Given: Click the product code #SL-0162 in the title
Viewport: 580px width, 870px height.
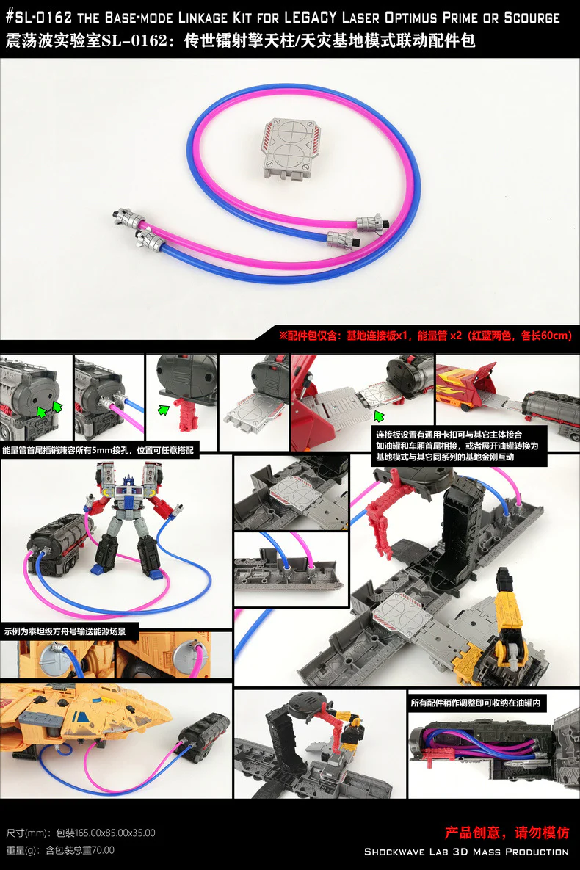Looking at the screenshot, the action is click(39, 18).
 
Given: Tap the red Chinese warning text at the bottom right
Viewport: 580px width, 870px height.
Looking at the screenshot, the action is click(507, 833).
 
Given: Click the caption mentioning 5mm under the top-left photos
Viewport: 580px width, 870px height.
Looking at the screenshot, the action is click(98, 451).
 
